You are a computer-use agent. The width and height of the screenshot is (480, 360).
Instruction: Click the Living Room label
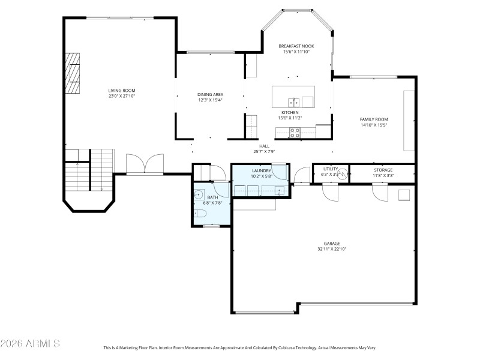coord(122,90)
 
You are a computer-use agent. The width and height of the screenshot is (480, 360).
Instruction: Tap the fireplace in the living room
coord(73,73)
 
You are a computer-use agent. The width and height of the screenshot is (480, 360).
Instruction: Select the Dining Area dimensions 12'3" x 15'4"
coord(210,100)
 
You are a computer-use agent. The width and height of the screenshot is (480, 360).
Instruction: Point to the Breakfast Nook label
coord(296,46)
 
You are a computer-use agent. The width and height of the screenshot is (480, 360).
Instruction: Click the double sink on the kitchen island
coord(293,101)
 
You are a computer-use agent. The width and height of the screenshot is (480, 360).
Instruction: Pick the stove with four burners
coord(295,133)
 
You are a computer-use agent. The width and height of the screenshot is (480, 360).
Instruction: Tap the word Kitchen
coord(290,112)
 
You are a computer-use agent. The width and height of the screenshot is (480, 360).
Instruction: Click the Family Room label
coord(374,119)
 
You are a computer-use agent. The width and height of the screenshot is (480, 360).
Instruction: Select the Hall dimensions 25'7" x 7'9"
coord(264,151)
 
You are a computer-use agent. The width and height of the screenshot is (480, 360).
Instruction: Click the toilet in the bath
coord(200,214)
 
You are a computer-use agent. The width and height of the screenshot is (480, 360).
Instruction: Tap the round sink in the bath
coord(198,194)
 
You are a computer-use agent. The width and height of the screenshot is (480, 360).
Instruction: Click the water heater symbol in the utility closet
coord(342,175)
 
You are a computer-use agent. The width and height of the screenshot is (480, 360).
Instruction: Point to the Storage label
coord(383,170)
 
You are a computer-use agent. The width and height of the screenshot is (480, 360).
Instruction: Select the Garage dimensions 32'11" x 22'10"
coord(332,249)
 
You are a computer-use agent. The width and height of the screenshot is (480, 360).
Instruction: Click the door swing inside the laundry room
coord(280,171)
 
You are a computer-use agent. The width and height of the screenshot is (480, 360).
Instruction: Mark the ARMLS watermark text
coord(30,344)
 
